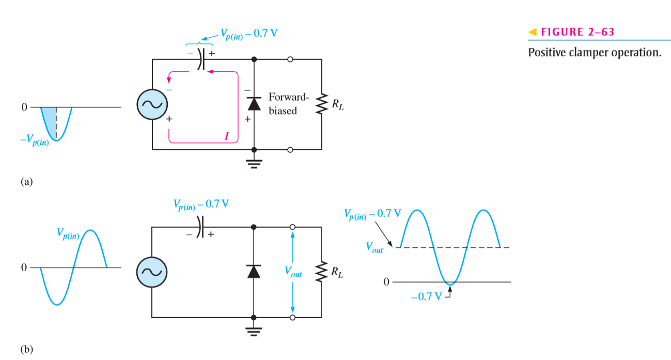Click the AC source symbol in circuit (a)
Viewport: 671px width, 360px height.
click(x=152, y=104)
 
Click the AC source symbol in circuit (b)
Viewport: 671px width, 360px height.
click(x=152, y=272)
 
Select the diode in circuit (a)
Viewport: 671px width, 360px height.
click(x=254, y=104)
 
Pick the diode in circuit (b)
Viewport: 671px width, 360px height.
click(x=254, y=272)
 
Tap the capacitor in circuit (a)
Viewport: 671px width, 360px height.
click(x=201, y=59)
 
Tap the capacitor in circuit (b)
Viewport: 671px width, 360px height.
click(x=200, y=227)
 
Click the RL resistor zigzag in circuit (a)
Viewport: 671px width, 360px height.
click(x=322, y=104)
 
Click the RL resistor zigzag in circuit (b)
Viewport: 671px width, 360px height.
click(x=321, y=272)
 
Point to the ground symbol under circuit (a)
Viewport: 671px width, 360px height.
click(x=254, y=164)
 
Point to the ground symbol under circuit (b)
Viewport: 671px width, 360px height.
click(x=254, y=332)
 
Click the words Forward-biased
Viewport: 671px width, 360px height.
click(x=288, y=104)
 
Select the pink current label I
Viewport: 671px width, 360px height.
click(x=227, y=136)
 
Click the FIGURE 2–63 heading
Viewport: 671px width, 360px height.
click(x=578, y=32)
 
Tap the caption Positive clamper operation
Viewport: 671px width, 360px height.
click(x=595, y=52)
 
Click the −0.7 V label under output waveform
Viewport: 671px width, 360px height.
click(x=427, y=296)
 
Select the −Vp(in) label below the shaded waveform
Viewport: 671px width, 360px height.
click(x=35, y=140)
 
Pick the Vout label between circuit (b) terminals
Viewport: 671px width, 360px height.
click(x=293, y=272)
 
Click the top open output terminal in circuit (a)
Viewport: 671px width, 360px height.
click(x=290, y=59)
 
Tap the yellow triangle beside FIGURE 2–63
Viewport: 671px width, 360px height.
click(x=533, y=32)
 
